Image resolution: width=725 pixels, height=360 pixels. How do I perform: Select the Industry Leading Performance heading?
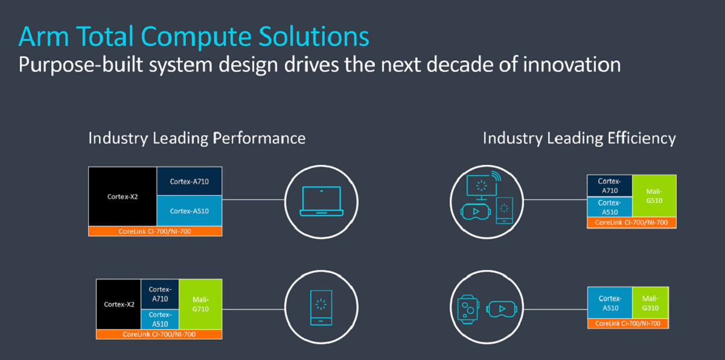point(197,138)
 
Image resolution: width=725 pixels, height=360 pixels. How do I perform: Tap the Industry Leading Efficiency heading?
point(579,138)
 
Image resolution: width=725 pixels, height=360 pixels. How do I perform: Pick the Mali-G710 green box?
point(200,304)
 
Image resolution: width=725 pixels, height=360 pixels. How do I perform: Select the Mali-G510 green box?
point(654,196)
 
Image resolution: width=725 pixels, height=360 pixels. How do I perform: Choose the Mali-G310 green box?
point(650,303)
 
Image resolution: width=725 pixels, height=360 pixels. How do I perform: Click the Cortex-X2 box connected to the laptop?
point(123,196)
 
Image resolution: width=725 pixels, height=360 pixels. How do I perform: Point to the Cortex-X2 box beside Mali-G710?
point(118,304)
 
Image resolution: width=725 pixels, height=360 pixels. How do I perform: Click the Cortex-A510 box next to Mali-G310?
point(610,303)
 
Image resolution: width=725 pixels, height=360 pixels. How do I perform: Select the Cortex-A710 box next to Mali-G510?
point(610,185)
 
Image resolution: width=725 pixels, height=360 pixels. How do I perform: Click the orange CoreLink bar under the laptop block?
point(155,231)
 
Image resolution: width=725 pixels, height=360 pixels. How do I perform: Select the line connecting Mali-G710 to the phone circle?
point(254,309)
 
